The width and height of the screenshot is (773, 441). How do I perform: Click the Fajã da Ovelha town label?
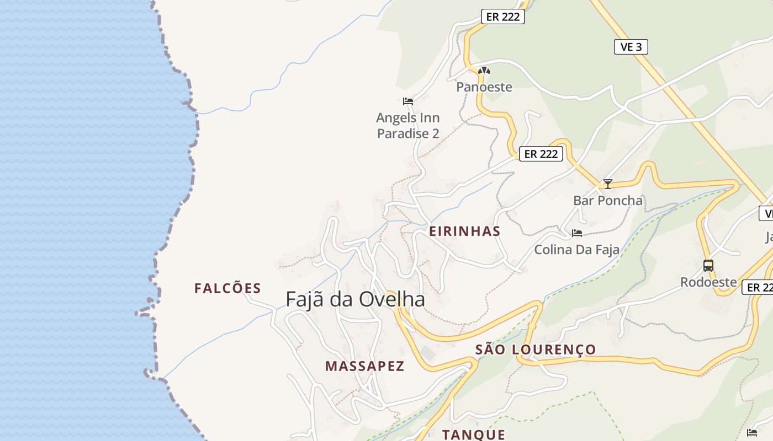pos(355,299)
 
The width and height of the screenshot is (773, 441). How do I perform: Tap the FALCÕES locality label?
pos(227,288)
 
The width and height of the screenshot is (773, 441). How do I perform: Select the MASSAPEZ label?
pos(364,366)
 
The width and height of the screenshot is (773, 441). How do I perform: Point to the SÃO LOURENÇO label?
pos(536,349)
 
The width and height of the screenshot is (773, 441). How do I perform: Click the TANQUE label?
pos(474,434)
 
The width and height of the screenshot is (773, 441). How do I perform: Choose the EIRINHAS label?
pos(465,232)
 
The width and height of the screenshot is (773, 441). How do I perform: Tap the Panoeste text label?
pos(484,87)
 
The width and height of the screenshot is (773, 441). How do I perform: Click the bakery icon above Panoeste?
pos(484,71)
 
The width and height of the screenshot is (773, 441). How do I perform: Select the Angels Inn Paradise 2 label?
pos(408,126)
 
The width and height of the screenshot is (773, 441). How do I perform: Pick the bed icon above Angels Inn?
pos(408,101)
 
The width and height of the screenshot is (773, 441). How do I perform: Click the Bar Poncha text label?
pos(608,201)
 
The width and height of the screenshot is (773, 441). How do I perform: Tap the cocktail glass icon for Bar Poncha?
pos(608,184)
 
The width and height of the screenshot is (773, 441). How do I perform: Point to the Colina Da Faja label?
pos(576,250)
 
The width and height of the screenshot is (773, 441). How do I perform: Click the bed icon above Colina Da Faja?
pos(577,233)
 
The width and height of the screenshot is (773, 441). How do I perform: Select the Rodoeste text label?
pos(708,282)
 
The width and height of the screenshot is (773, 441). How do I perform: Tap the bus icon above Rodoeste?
pos(708,266)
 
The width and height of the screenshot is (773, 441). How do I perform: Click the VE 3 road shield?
pos(631,47)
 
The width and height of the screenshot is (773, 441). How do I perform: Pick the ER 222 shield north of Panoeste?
pos(502,17)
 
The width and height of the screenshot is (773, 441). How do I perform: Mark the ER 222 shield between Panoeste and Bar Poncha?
pos(541,154)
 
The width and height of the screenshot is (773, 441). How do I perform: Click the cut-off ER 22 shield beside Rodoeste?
pos(758,287)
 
